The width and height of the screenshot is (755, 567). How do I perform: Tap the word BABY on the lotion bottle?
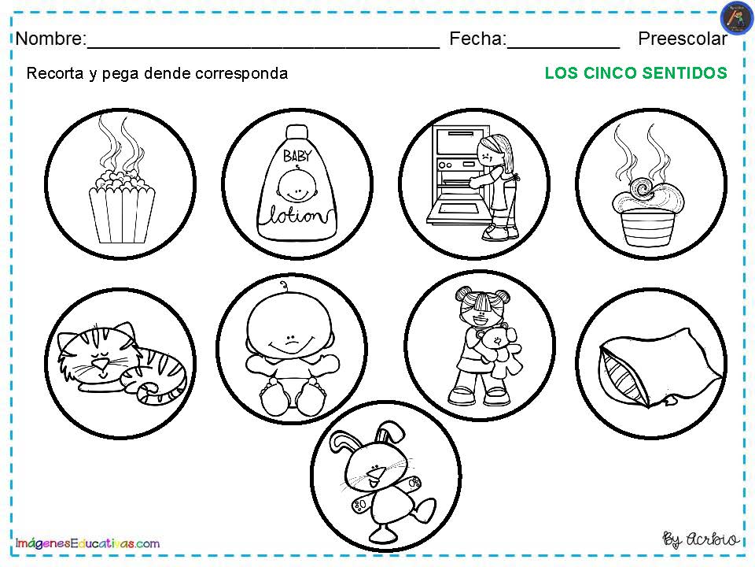[297, 156]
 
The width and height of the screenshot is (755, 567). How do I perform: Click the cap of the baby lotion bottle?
[296, 132]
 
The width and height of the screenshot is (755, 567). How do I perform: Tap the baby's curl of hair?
[285, 286]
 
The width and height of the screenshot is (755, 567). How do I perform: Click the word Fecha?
[478, 39]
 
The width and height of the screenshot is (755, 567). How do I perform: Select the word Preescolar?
[683, 39]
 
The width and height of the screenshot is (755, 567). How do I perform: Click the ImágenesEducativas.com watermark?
[87, 543]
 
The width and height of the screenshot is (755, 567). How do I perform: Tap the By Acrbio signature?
[701, 539]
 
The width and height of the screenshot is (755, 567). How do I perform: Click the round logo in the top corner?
[737, 18]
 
